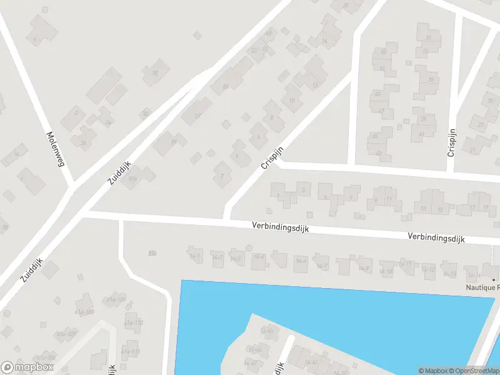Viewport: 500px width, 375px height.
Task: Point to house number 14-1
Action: (x=196, y=256)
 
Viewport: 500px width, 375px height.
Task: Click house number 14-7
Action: (x=322, y=266)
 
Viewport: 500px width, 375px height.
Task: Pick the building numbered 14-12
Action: (x=428, y=270)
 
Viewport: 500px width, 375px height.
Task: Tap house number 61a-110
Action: (x=133, y=322)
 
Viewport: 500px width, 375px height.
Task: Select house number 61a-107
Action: (x=66, y=334)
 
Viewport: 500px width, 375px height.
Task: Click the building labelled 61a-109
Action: (x=116, y=300)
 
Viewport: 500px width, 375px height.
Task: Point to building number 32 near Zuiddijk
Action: (x=155, y=73)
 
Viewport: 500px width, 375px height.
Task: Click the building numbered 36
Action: (x=83, y=142)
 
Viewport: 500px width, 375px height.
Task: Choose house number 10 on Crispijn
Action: (x=292, y=101)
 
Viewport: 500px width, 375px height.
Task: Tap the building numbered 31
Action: (x=428, y=37)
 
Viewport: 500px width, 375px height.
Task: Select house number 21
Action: (x=473, y=150)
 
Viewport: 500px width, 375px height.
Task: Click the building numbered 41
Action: (x=421, y=133)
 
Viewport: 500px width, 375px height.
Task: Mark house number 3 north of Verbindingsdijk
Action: (x=304, y=189)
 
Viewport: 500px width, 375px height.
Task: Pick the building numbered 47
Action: (x=381, y=111)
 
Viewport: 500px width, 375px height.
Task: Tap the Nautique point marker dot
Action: (x=494, y=279)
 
